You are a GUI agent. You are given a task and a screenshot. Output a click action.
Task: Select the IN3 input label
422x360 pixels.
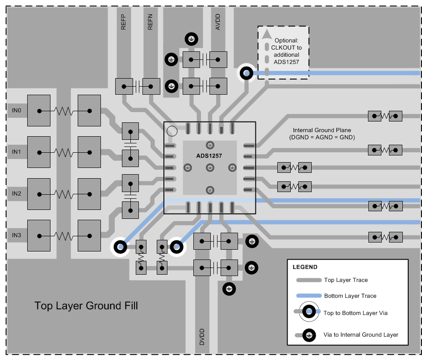pos(16,235)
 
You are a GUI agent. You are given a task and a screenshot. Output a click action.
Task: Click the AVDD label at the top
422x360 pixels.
pos(218,21)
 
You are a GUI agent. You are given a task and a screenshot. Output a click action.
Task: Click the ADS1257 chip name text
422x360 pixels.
pos(209,155)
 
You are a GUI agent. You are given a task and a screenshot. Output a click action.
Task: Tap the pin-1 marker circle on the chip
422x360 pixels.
pos(171,131)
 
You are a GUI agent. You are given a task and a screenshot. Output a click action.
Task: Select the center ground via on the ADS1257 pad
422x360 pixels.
pos(209,167)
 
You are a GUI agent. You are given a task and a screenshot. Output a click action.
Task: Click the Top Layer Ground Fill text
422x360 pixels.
pos(86,306)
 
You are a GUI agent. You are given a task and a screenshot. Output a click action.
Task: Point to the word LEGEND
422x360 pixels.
pos(305,267)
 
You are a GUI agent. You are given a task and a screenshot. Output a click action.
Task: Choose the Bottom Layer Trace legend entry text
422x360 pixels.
pos(350,296)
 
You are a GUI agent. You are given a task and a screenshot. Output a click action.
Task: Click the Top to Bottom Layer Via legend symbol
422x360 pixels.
pos(308,313)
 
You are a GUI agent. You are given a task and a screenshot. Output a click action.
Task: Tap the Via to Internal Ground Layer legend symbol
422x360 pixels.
pos(308,335)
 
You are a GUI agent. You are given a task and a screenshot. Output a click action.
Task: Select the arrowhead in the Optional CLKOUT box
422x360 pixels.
pos(267,34)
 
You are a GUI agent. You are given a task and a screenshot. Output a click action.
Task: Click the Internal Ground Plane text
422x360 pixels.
pos(322,130)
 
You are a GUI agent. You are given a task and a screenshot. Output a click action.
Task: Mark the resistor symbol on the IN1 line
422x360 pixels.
pos(64,152)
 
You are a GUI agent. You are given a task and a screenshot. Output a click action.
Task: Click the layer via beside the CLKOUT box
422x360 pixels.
pos(246,73)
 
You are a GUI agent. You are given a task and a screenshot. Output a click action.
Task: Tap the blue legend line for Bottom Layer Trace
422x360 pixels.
pos(309,296)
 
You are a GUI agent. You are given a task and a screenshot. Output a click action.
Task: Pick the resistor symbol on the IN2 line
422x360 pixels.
pos(64,194)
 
